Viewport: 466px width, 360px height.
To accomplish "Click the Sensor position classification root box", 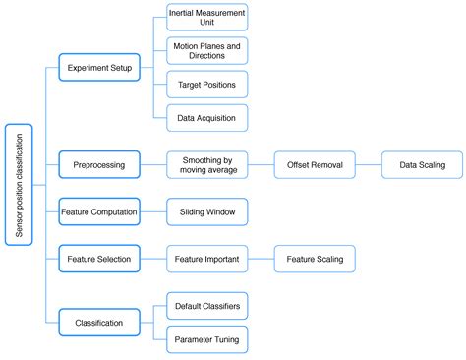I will click(x=19, y=185).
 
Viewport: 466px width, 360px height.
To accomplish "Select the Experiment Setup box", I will click(x=99, y=68).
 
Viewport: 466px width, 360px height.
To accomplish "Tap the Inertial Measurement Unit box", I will click(x=206, y=17).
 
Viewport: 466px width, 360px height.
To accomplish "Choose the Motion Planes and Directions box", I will click(x=206, y=50).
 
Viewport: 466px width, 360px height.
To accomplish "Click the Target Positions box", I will click(x=206, y=85).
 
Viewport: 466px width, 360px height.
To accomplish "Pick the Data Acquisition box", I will click(x=206, y=117).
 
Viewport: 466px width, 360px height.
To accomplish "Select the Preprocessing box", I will click(x=99, y=165).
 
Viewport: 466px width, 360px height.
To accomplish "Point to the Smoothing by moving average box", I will click(x=206, y=165).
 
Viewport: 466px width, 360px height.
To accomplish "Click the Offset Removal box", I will click(x=315, y=165).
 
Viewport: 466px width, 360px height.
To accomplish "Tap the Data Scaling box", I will click(x=422, y=165).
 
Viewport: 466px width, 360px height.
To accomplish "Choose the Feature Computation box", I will click(x=99, y=211).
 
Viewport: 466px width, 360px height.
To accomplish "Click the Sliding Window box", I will click(x=206, y=211).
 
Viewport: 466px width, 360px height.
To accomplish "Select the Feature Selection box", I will click(x=99, y=259).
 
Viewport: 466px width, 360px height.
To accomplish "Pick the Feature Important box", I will click(x=206, y=259).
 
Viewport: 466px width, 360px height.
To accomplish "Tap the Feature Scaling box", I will click(x=315, y=259).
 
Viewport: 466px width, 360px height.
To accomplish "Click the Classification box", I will click(x=99, y=322).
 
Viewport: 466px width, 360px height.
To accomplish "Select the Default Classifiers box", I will click(x=206, y=306).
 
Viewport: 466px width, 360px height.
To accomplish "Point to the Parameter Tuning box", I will click(x=206, y=339).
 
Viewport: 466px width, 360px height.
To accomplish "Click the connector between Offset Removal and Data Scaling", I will click(x=368, y=165).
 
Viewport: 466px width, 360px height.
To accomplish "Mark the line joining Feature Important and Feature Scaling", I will click(x=261, y=259).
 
